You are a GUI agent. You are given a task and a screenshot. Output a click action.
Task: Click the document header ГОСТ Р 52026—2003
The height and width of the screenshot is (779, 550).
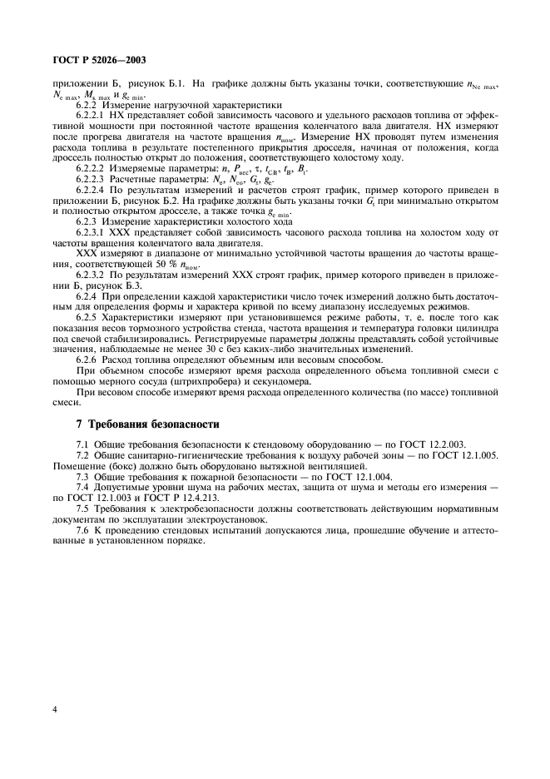click(x=96, y=61)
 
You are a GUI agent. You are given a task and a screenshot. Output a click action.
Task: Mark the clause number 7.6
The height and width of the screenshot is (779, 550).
click(x=84, y=531)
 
